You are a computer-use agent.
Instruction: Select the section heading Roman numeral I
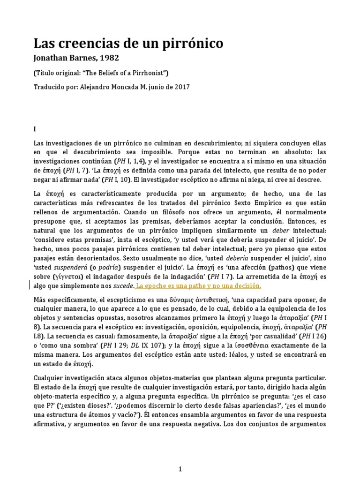[x=35, y=128]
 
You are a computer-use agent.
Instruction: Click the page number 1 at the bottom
[x=180, y=468]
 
